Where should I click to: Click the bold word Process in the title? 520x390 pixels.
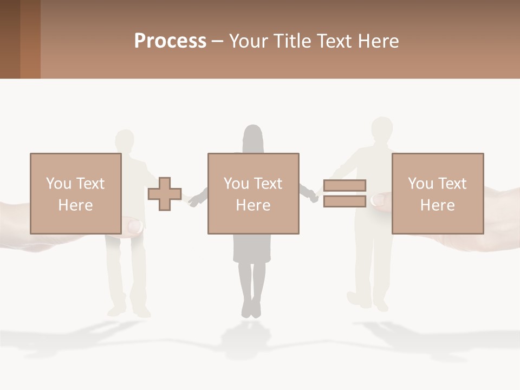click(x=170, y=41)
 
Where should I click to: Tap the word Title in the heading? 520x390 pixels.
click(x=292, y=41)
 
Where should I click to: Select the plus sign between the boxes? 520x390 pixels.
click(x=165, y=194)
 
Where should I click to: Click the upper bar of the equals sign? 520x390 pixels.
click(x=344, y=185)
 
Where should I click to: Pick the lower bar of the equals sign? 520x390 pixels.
click(x=344, y=201)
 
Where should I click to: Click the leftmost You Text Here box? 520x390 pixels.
click(x=75, y=193)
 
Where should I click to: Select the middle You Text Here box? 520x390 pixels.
click(x=253, y=193)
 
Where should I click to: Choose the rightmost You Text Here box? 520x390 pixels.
click(x=437, y=193)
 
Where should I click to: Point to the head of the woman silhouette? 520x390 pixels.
click(x=252, y=138)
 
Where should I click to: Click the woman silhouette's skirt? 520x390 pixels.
click(x=252, y=249)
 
